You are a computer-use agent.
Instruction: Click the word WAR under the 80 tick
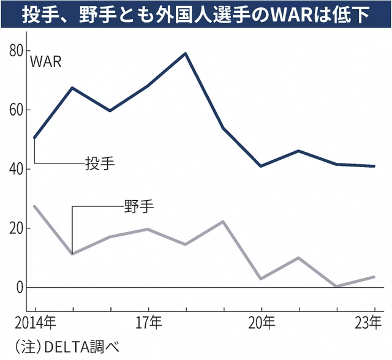[47, 62]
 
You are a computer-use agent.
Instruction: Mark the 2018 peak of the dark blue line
[186, 53]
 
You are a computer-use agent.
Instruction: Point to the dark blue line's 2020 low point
[261, 166]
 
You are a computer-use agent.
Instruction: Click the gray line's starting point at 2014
[34, 206]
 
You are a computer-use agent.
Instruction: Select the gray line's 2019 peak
[224, 221]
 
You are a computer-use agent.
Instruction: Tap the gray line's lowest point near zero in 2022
[337, 286]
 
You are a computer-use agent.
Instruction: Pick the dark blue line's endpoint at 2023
[374, 166]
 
